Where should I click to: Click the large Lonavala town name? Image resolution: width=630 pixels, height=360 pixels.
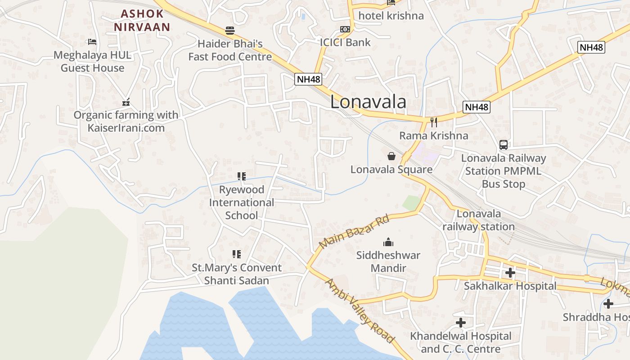pos(368,102)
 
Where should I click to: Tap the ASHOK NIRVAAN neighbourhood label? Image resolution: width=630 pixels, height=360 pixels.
pos(142,20)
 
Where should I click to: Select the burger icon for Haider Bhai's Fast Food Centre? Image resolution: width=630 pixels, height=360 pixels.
pos(230,31)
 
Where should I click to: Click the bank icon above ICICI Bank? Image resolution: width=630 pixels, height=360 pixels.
pos(345,29)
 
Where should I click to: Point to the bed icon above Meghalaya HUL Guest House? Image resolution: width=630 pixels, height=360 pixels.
pos(92,42)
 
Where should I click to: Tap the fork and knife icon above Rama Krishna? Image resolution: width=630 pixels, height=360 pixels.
pos(434,122)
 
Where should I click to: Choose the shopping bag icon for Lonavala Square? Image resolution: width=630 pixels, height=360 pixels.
pos(391,156)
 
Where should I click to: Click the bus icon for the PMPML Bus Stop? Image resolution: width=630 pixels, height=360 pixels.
pos(504,145)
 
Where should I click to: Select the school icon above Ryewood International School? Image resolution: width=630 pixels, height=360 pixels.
pos(242,176)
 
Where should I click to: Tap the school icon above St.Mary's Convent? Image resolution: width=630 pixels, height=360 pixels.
pos(236,254)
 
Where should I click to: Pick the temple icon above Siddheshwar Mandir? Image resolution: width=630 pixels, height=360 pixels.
pos(388,243)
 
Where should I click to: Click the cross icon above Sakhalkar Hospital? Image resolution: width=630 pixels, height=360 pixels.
pos(510,272)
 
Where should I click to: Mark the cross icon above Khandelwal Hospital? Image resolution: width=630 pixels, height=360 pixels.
pos(460,323)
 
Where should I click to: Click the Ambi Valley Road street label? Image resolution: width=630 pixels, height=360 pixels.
pos(360,310)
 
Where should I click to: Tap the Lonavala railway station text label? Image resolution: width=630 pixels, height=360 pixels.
pos(478,220)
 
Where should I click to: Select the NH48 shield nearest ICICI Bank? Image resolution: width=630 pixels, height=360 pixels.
pos(309,79)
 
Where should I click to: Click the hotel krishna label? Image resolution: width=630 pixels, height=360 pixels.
pos(391,16)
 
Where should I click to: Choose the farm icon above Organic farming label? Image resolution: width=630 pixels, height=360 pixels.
pos(126,102)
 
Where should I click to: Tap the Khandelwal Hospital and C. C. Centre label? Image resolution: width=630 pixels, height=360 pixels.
pos(460,342)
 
